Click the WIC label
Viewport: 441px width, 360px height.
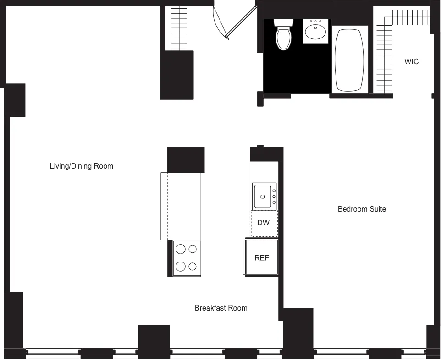[411, 61]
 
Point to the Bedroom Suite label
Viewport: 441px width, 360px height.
[362, 209]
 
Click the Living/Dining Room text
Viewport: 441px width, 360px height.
[81, 166]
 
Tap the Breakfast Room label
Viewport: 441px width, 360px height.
[221, 308]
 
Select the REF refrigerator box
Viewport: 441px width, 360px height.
[261, 257]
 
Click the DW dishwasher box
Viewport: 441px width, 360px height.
[264, 223]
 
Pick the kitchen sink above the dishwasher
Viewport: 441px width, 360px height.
[263, 196]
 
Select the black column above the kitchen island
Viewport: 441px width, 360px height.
[186, 159]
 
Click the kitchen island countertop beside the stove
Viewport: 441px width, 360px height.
[183, 206]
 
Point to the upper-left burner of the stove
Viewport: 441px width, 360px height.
[181, 249]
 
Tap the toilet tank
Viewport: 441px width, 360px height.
[283, 22]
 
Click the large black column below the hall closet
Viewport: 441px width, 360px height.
[176, 75]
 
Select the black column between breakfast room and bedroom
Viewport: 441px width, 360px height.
[298, 332]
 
